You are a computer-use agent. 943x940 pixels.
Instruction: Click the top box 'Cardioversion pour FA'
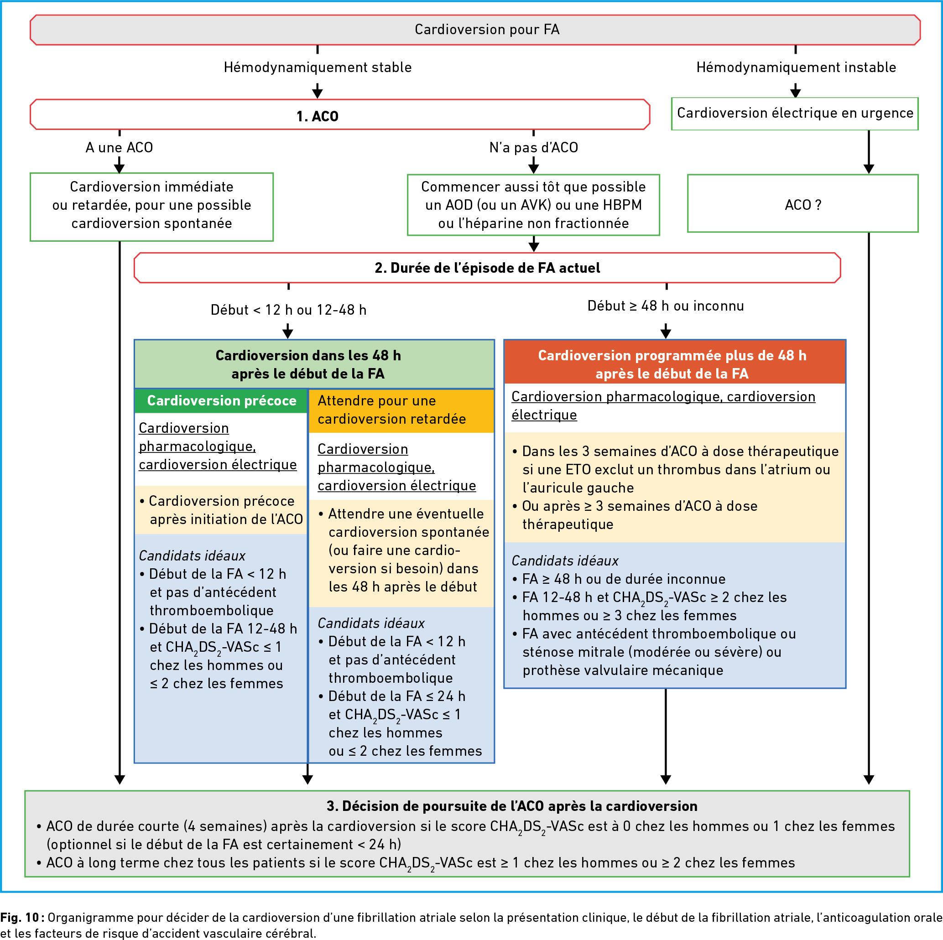(x=475, y=30)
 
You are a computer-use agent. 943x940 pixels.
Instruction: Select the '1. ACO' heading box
(x=340, y=114)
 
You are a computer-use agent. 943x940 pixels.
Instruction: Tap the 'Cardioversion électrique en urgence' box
(x=795, y=114)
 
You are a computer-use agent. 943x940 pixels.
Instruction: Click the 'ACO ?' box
(x=802, y=203)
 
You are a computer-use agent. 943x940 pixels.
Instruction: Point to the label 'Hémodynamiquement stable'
(x=318, y=68)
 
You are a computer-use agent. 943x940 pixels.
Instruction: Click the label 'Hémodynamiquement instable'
(x=796, y=68)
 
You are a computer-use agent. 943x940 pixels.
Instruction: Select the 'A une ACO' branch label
(x=119, y=147)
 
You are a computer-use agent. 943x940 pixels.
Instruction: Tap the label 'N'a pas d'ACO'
(x=533, y=147)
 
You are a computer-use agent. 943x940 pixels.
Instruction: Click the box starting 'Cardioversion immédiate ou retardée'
(x=152, y=207)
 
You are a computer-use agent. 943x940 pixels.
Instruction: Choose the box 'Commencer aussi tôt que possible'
(x=533, y=205)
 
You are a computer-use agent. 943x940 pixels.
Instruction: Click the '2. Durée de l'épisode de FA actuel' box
(x=487, y=268)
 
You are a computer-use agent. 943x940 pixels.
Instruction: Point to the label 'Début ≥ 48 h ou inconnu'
(x=666, y=306)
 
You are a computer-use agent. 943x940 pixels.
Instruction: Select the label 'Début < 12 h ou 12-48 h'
(x=288, y=310)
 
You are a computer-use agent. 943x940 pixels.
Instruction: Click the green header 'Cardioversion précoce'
(x=222, y=401)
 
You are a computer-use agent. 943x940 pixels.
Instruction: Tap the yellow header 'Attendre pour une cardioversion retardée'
(x=401, y=410)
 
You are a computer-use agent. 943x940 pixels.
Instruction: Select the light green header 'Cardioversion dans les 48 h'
(x=314, y=364)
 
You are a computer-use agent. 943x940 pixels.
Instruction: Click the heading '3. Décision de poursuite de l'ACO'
(x=511, y=806)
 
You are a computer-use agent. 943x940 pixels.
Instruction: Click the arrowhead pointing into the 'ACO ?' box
(x=869, y=169)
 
